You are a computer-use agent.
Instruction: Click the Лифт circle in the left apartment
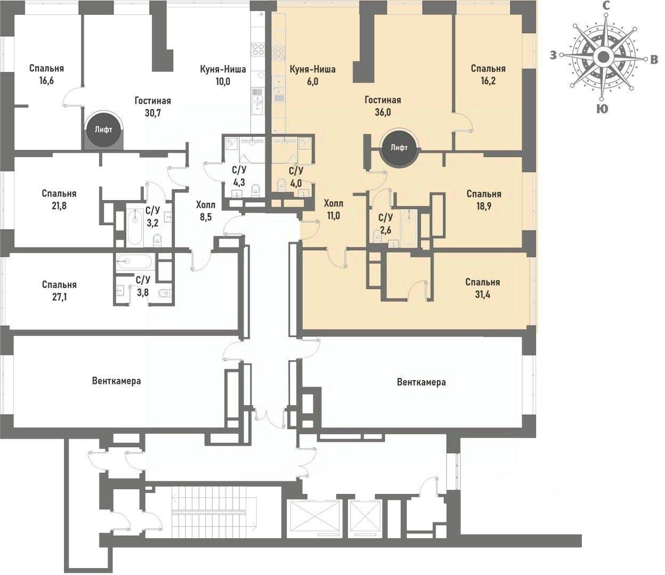pos(103,129)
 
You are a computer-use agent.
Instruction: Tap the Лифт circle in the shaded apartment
pos(399,147)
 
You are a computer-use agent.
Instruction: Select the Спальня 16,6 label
pos(47,75)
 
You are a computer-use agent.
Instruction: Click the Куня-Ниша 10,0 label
pos(223,75)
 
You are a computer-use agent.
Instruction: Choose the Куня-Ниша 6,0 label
pos(312,75)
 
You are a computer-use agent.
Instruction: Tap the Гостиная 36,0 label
pos(383,106)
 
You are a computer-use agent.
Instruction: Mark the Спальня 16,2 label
pos(488,75)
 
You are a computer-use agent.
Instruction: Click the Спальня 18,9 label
pos(483,200)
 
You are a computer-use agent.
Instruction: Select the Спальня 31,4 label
pos(482,288)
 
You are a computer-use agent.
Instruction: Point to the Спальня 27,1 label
pos(59,291)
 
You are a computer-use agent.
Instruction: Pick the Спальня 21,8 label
pos(59,200)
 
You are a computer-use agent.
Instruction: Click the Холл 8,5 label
pos(206,210)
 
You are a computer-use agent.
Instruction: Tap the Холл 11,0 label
pos(334,209)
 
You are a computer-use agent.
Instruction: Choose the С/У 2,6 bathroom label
pos(385,223)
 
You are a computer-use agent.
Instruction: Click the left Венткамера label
pos(116,381)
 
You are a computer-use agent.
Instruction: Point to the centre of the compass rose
pos(603,56)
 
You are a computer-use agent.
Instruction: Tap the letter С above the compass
pos(606,5)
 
